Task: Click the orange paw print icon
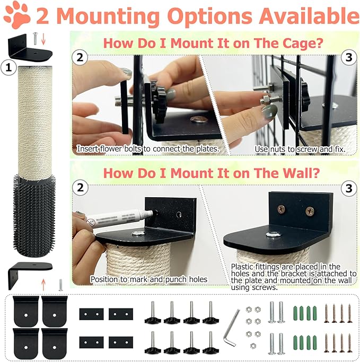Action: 17,15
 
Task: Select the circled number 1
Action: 8,67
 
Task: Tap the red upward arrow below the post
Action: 43,280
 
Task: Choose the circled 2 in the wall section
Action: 80,188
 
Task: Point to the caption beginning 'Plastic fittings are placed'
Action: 293,277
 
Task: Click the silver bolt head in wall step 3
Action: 276,234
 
